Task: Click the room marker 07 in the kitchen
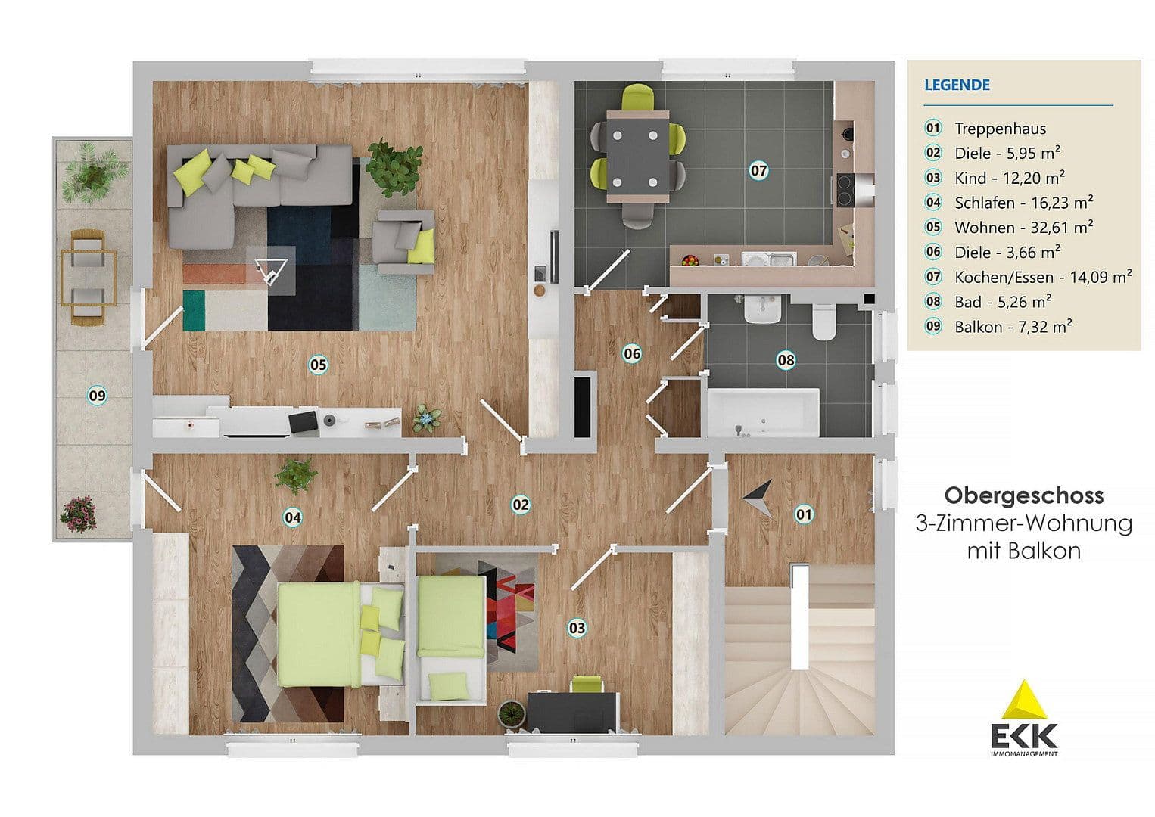[x=758, y=170]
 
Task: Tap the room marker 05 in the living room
[x=318, y=365]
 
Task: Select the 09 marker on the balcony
[x=97, y=394]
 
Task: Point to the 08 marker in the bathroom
[x=786, y=359]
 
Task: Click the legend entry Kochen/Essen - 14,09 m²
[x=1042, y=277]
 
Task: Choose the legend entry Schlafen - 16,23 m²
[x=1023, y=202]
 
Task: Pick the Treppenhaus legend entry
[x=1000, y=128]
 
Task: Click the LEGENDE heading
[x=957, y=85]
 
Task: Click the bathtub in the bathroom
[x=763, y=413]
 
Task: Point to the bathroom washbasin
[x=762, y=309]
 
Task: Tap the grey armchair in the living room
[x=406, y=241]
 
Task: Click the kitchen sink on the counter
[x=767, y=259]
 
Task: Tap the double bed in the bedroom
[x=325, y=634]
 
